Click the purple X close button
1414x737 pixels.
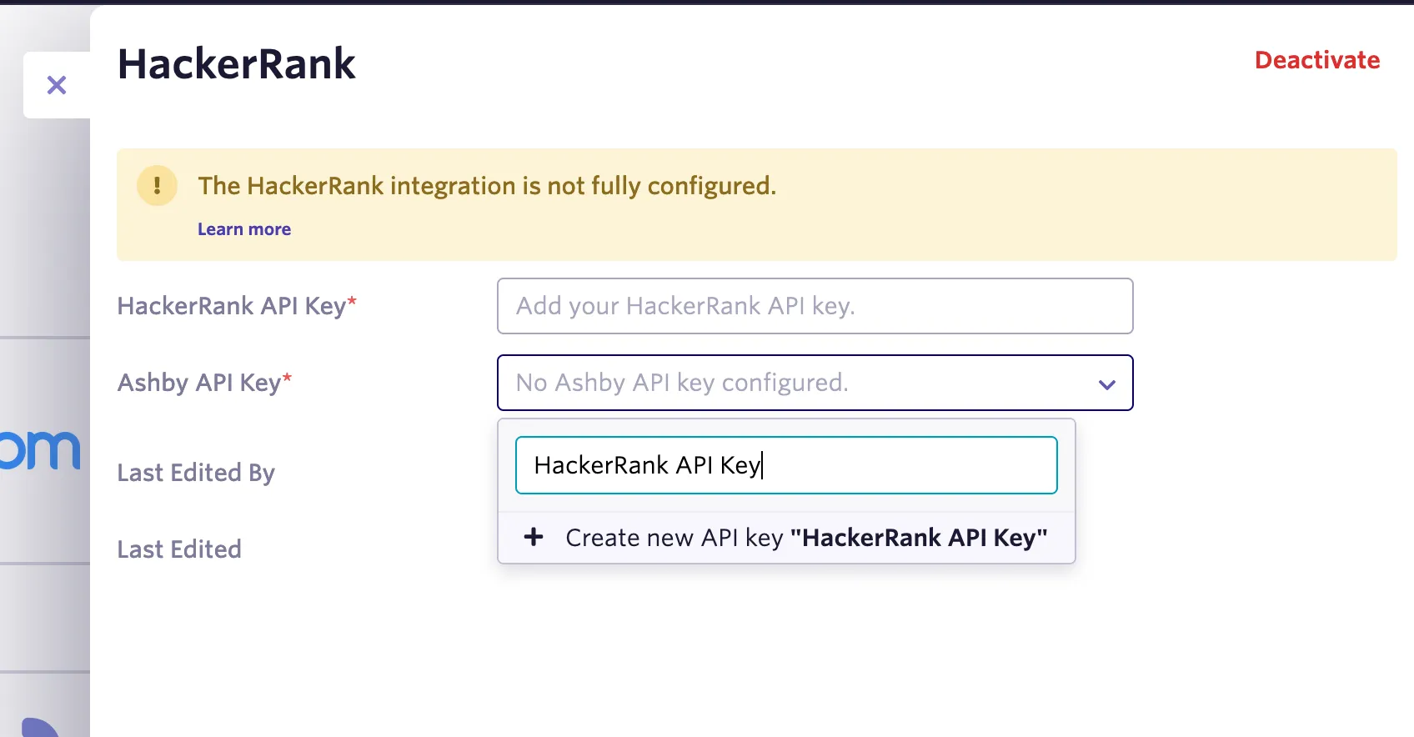point(57,85)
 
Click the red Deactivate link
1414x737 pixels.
point(1317,61)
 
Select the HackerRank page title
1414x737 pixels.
point(237,64)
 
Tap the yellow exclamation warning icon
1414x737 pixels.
point(158,186)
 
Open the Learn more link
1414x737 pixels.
point(244,229)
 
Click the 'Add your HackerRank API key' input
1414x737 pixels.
point(815,306)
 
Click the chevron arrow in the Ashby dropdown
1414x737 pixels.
point(1107,384)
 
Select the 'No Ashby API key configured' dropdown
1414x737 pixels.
point(815,383)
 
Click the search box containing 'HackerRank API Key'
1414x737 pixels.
point(786,465)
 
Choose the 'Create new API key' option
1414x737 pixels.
point(786,538)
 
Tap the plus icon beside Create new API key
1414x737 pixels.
point(534,537)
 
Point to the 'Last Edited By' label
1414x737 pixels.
point(196,474)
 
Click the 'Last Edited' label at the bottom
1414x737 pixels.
point(180,549)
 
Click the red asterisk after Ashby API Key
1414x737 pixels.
point(287,378)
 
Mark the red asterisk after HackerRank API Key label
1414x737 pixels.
point(352,301)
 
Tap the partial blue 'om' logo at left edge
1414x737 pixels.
point(40,450)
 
